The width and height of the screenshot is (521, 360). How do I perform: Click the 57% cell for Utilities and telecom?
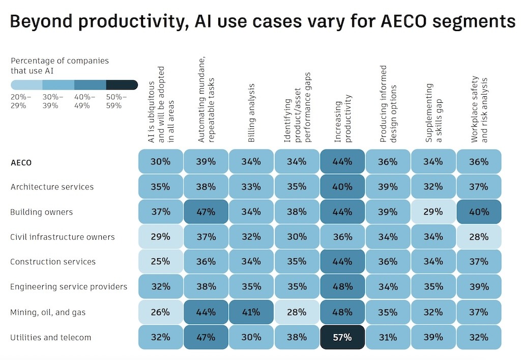click(342, 337)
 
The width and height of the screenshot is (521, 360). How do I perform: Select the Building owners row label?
click(42, 212)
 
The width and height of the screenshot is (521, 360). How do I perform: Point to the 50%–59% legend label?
click(117, 101)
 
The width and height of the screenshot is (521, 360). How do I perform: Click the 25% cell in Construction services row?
click(160, 262)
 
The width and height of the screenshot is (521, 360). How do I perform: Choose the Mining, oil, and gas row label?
click(48, 312)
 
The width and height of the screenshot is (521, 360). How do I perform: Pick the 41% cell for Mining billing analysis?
click(251, 312)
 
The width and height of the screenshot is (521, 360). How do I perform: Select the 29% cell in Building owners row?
click(433, 212)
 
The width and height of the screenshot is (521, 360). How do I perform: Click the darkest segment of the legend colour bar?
click(122, 85)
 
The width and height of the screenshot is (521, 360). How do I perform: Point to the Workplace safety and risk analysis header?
click(479, 109)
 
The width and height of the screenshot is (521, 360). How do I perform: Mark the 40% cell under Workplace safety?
click(479, 212)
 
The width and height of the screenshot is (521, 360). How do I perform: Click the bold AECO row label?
click(21, 162)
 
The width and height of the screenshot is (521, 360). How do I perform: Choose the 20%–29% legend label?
click(21, 101)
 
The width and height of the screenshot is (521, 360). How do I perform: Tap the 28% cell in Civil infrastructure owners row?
click(479, 237)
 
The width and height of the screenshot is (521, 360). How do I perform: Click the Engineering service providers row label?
click(69, 287)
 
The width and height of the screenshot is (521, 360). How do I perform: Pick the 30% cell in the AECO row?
click(160, 161)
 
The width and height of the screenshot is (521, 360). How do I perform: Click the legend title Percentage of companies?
click(60, 61)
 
